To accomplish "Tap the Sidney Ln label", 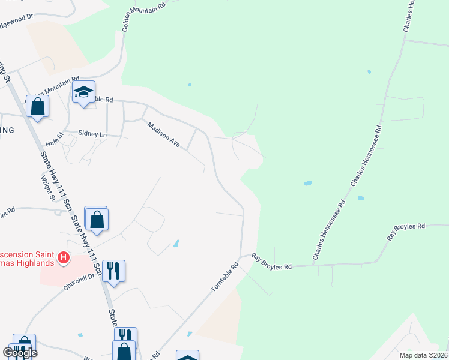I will click(92, 134).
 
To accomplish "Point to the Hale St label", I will click(54, 145).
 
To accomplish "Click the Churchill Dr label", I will click(79, 282).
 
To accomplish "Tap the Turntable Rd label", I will click(224, 277).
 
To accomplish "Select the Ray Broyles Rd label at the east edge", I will click(406, 231).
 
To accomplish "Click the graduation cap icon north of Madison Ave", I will click(84, 92).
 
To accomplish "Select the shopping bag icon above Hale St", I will click(37, 107).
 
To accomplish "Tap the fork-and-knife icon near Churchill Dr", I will click(113, 271).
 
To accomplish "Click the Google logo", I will click(20, 352).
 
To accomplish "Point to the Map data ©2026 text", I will click(423, 355).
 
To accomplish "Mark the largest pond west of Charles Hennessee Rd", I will click(308, 183).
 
